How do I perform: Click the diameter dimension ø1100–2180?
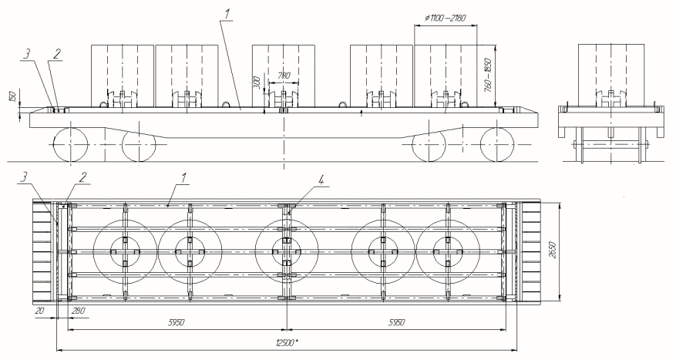[445, 19]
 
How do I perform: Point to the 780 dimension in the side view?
[284, 76]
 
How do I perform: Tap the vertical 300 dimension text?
[257, 84]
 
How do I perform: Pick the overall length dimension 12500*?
[288, 343]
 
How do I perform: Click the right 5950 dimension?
[396, 322]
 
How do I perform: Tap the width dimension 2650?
[553, 250]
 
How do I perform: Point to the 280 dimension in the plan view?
[79, 311]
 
